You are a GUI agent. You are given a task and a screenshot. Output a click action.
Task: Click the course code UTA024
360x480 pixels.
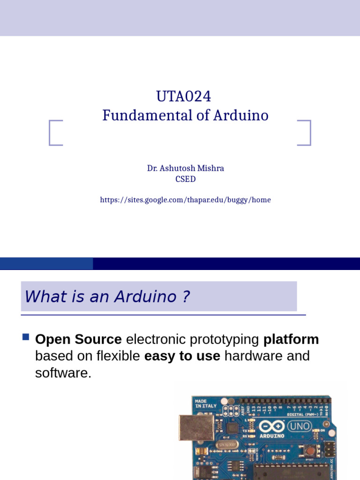[183, 97]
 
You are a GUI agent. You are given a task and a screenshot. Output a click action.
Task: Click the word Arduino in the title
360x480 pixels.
[241, 115]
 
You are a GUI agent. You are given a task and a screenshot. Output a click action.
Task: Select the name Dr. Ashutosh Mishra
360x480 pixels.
[185, 168]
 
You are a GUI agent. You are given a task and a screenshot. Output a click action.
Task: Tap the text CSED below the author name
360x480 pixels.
[185, 179]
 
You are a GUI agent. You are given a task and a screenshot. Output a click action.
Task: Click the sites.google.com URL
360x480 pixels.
[185, 200]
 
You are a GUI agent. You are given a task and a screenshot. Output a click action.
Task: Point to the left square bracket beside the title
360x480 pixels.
[55, 133]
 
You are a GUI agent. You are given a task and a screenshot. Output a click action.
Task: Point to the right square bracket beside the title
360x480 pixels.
[305, 133]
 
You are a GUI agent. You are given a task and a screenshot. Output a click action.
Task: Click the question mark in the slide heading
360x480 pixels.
[186, 297]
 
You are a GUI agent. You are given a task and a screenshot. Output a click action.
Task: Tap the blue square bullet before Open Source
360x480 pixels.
[26, 337]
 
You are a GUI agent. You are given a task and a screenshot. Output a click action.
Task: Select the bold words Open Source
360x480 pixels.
[78, 339]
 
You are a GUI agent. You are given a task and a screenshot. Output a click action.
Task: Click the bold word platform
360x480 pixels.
[291, 339]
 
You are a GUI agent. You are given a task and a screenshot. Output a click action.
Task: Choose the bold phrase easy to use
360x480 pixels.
[182, 356]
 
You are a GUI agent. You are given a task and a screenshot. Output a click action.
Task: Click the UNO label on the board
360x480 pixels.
[299, 427]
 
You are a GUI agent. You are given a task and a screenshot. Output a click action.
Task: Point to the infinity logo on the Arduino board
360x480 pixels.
[271, 427]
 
